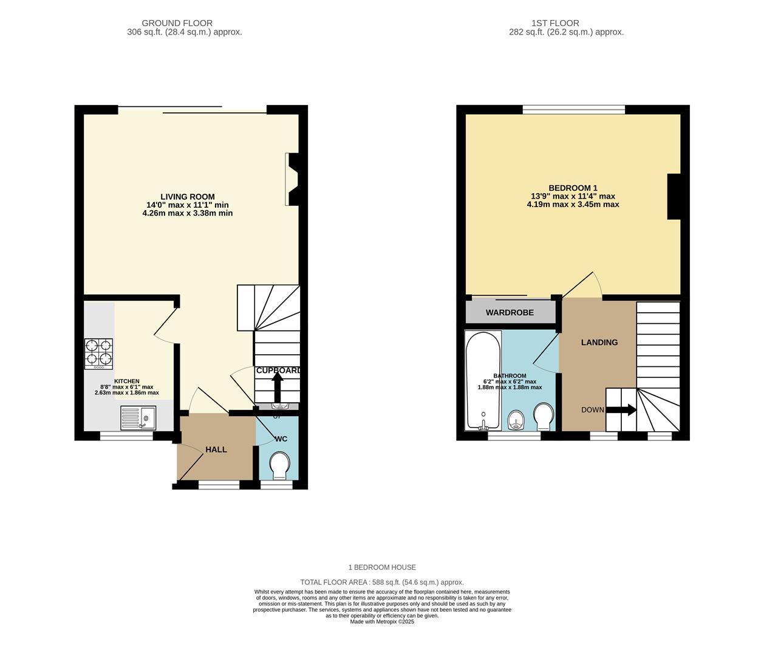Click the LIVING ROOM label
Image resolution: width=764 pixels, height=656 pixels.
coord(187,197)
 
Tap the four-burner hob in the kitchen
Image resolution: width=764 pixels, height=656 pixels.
coord(98,354)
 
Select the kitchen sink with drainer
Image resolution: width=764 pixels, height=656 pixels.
coord(138,418)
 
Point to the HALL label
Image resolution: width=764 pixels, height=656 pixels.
coord(216,449)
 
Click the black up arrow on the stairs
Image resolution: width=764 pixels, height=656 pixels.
coord(278,386)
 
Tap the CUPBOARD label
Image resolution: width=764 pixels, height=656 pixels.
coord(278,371)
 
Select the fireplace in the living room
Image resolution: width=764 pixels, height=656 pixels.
coord(292,180)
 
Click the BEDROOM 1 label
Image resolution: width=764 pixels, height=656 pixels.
coord(573,188)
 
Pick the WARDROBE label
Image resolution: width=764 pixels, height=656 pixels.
coord(510,313)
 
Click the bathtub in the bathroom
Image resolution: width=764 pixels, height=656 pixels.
coord(483,380)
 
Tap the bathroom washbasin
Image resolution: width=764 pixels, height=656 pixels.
coord(516,419)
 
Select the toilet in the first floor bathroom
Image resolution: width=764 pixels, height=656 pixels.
coord(543,417)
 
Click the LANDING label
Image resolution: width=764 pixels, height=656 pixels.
coord(599,343)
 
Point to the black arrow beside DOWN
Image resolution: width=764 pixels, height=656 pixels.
coord(622,410)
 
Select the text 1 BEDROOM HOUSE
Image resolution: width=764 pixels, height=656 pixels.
coord(382,567)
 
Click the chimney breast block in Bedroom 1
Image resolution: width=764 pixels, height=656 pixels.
coord(674,196)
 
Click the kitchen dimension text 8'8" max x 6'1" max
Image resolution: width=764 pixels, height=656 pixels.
coord(126,387)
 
